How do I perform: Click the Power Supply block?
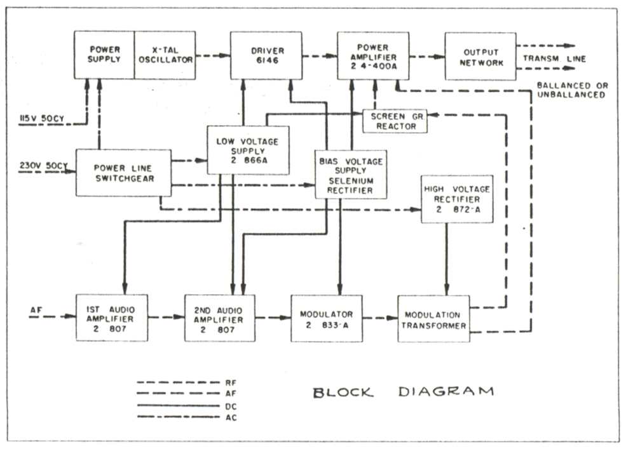[x=104, y=55]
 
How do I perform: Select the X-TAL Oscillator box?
[x=164, y=55]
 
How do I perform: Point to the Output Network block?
[x=480, y=57]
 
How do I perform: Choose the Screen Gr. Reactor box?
[x=394, y=121]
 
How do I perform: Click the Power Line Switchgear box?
[x=114, y=173]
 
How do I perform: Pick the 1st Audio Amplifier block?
[x=112, y=318]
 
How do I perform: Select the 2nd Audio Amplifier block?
[x=220, y=318]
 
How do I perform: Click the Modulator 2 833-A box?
[x=326, y=318]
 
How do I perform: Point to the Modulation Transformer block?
[x=433, y=319]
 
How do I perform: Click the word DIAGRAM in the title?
[x=446, y=392]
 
